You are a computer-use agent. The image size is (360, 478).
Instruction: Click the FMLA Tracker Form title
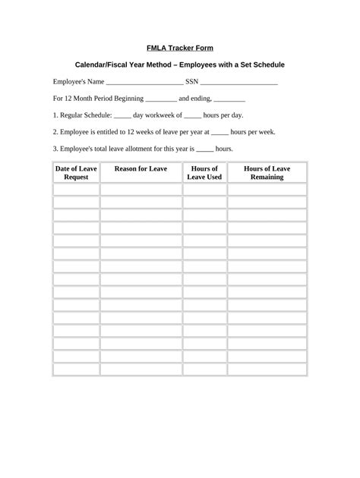pyautogui.click(x=179, y=48)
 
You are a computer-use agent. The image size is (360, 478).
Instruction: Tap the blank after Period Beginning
pyautogui.click(x=159, y=99)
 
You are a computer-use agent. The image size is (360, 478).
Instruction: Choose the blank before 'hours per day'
pyautogui.click(x=192, y=116)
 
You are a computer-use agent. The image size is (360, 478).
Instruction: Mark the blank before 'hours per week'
pyautogui.click(x=219, y=132)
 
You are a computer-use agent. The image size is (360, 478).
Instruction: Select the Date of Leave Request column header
pyautogui.click(x=76, y=172)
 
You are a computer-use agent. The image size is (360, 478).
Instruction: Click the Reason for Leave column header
pyautogui.click(x=141, y=168)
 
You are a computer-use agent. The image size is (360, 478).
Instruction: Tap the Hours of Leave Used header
pyautogui.click(x=204, y=172)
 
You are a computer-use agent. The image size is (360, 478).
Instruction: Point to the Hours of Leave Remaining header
pyautogui.click(x=267, y=172)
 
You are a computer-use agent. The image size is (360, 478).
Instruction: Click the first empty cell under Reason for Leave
pyautogui.click(x=141, y=190)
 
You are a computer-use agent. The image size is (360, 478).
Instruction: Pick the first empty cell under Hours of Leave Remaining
pyautogui.click(x=267, y=190)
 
